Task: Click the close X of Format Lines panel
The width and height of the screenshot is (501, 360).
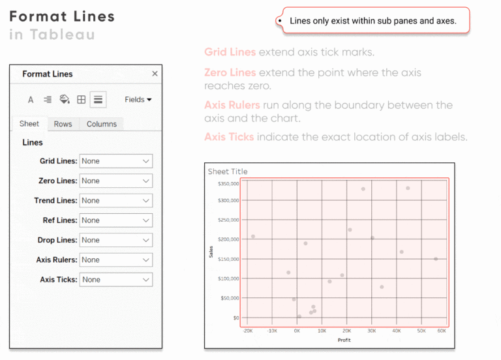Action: point(155,74)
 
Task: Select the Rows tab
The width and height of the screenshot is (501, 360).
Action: point(63,124)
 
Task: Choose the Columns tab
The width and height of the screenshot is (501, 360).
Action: point(102,124)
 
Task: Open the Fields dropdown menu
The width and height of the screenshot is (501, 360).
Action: point(138,100)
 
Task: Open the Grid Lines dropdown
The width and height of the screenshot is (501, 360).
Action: point(115,161)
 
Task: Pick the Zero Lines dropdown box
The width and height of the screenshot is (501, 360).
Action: point(115,181)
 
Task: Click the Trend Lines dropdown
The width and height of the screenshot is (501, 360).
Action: point(115,200)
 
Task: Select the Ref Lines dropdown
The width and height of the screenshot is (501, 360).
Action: point(115,220)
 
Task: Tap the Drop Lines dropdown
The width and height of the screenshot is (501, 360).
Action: point(115,240)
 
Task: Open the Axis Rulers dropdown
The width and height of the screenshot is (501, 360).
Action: point(115,260)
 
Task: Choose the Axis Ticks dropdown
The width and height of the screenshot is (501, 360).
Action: point(115,279)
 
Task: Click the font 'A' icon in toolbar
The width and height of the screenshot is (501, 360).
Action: point(31,100)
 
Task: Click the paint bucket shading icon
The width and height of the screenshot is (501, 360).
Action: point(64,100)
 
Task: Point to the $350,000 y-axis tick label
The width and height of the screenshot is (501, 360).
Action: point(228,183)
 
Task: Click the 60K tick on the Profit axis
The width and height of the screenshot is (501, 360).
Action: point(442,331)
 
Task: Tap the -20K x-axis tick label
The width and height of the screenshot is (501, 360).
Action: point(247,331)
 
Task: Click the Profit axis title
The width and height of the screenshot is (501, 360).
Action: point(344,340)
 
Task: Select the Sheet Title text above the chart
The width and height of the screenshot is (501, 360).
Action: point(228,172)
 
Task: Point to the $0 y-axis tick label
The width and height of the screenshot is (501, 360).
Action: point(235,318)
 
